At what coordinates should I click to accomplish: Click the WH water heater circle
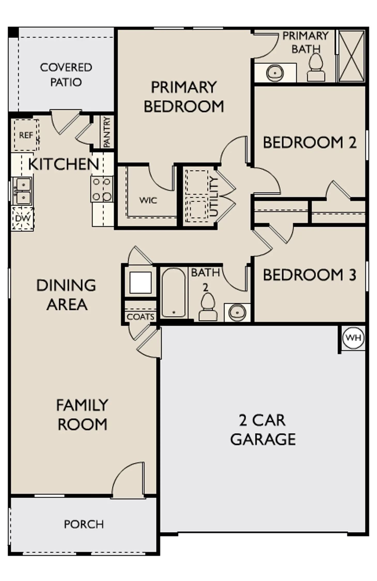(353, 337)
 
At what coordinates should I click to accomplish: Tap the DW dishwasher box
(23, 218)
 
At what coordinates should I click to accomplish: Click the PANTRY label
(107, 132)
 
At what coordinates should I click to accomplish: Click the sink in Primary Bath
(275, 73)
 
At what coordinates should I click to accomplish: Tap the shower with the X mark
(352, 56)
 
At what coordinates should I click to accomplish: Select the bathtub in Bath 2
(173, 293)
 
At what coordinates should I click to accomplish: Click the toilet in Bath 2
(208, 307)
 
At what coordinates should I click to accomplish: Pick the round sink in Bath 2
(237, 312)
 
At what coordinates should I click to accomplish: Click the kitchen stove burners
(102, 189)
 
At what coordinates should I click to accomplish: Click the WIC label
(148, 200)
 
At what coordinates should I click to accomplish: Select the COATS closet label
(141, 317)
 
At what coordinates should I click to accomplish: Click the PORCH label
(84, 524)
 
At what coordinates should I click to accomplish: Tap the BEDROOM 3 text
(310, 275)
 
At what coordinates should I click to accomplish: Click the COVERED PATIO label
(66, 75)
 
